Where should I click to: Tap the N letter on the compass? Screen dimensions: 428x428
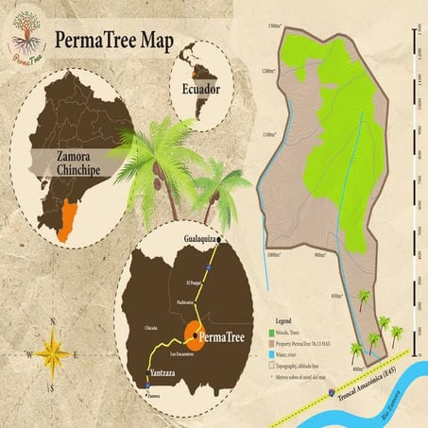point(55,319)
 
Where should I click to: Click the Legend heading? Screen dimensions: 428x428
point(282,321)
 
